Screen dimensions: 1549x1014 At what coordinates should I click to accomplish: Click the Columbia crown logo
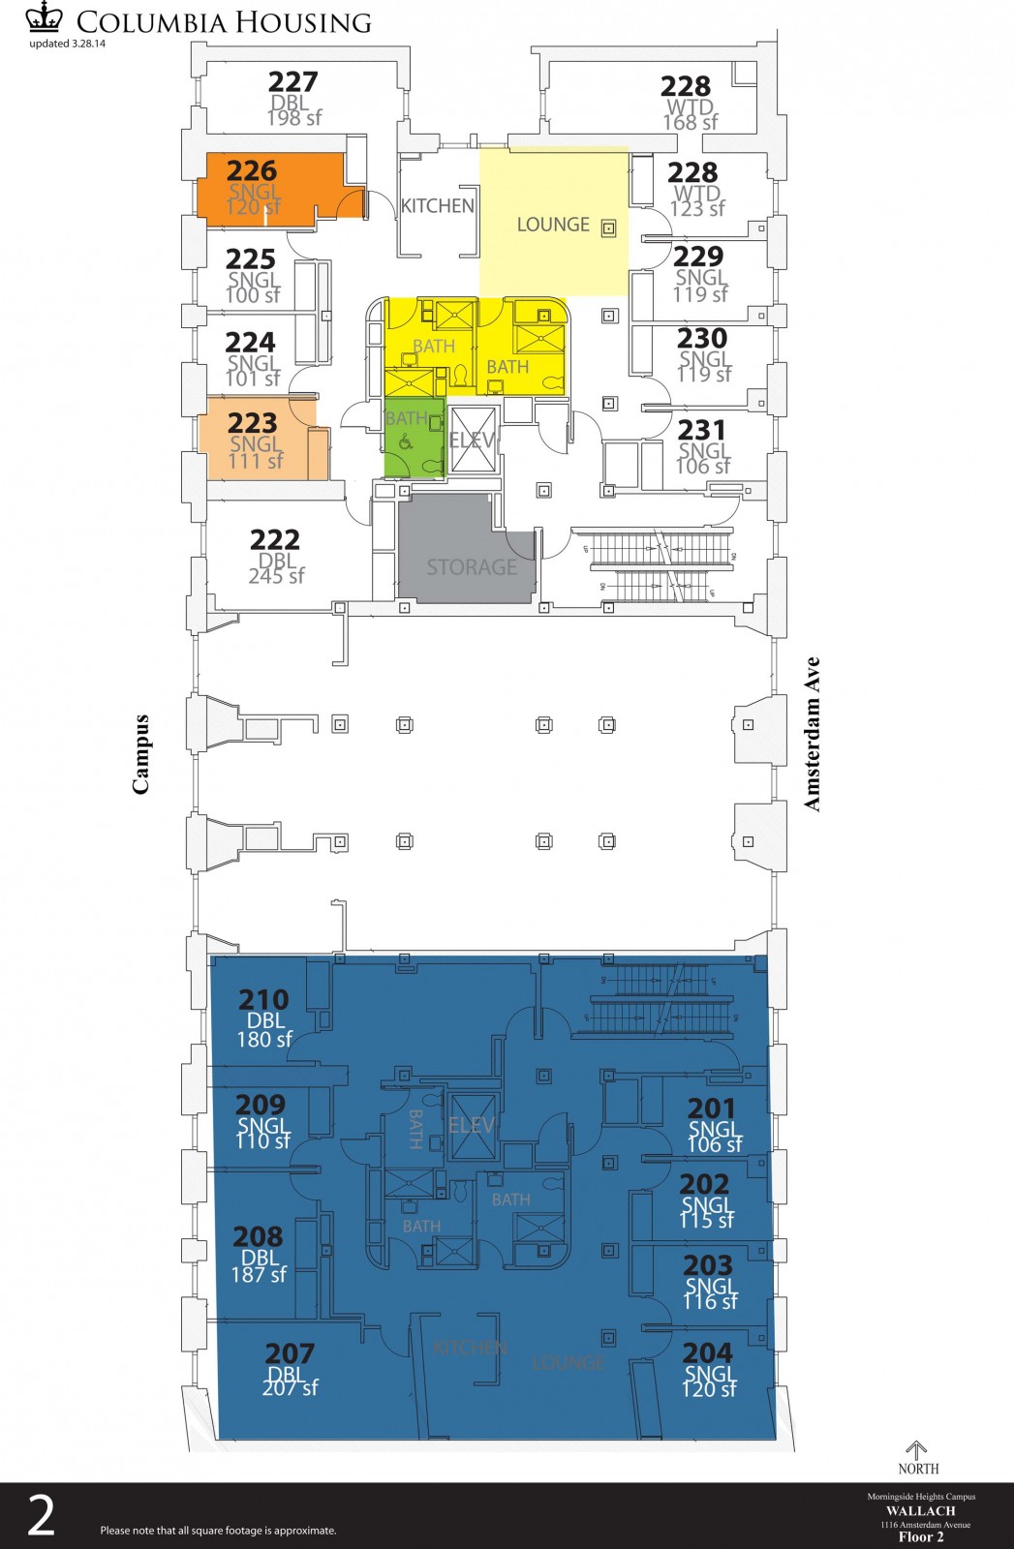(45, 17)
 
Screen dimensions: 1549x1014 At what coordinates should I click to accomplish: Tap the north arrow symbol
(916, 1450)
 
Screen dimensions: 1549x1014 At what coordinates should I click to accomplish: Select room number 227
(292, 81)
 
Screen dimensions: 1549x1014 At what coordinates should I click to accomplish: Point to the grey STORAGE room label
(472, 566)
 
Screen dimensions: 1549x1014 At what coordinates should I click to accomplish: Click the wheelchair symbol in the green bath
(405, 443)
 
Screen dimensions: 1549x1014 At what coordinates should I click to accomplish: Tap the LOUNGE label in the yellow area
(553, 225)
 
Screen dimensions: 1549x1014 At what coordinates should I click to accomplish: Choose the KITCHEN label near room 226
(438, 205)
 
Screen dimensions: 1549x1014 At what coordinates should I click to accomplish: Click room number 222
(275, 539)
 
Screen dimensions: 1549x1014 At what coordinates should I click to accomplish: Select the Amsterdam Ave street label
(812, 734)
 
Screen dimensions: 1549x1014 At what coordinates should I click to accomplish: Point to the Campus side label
(141, 754)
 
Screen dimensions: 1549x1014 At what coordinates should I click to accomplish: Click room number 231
(701, 429)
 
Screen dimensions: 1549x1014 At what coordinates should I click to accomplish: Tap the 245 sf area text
(276, 576)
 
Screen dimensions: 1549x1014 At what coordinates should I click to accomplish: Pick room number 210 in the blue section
(263, 999)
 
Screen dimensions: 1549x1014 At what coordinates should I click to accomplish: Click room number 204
(707, 1352)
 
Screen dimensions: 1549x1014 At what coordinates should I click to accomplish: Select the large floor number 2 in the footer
(41, 1516)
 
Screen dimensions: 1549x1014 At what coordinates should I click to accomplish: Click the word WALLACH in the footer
(920, 1510)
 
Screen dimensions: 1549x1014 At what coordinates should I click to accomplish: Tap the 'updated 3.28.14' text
(68, 44)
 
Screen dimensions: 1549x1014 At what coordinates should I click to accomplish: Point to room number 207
(290, 1352)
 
